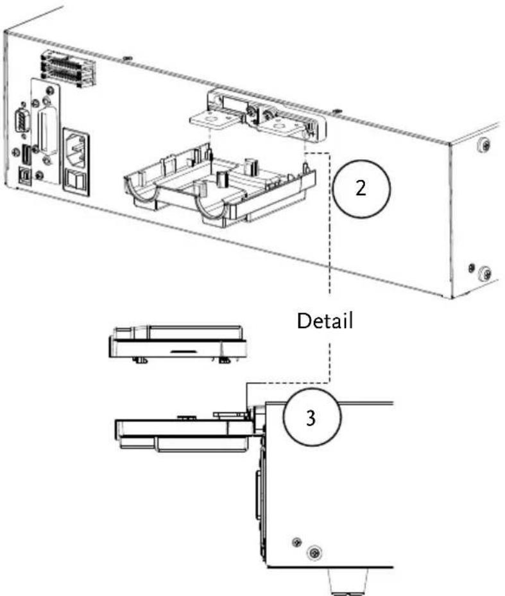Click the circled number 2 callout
pyautogui.click(x=361, y=189)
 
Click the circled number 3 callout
pyautogui.click(x=312, y=417)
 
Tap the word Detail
pyautogui.click(x=325, y=321)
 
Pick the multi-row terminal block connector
pyautogui.click(x=67, y=69)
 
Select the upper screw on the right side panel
pyautogui.click(x=484, y=145)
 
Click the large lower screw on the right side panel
pyautogui.click(x=485, y=272)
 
